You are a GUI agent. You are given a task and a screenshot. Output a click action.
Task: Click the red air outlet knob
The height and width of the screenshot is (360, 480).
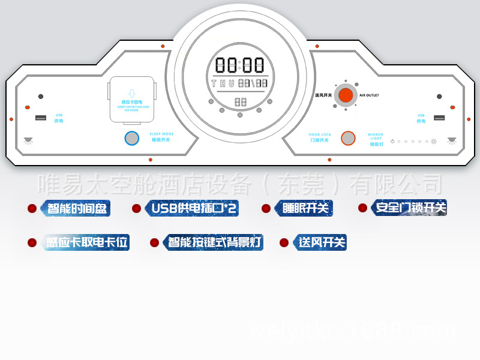(345, 95)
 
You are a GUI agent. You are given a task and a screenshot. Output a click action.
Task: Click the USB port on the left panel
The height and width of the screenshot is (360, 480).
(40, 117)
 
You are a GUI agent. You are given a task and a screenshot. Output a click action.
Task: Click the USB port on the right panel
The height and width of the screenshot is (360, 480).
(439, 118)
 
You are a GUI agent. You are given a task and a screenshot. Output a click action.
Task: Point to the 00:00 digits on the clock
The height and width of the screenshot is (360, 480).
(240, 65)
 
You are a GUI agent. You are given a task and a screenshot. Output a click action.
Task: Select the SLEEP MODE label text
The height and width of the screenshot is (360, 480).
(161, 134)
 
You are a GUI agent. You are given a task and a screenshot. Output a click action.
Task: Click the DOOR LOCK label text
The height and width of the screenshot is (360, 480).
(320, 134)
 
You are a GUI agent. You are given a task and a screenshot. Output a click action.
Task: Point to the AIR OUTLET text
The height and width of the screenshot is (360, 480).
(369, 95)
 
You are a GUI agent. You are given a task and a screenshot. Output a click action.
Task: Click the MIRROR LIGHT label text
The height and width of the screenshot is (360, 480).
(376, 137)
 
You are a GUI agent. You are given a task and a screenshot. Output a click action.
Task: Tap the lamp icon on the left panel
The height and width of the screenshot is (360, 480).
(28, 140)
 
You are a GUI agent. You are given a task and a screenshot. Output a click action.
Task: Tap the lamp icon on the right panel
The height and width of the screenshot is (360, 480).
(451, 140)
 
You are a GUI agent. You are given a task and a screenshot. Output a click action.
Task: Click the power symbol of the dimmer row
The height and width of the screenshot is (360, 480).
(392, 142)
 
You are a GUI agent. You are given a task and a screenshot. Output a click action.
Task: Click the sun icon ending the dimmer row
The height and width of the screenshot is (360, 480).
(433, 142)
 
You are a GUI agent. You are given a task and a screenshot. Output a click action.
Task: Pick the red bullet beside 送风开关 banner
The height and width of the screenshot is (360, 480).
(284, 242)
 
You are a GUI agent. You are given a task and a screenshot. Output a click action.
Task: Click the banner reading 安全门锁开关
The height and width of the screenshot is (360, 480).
(410, 208)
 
